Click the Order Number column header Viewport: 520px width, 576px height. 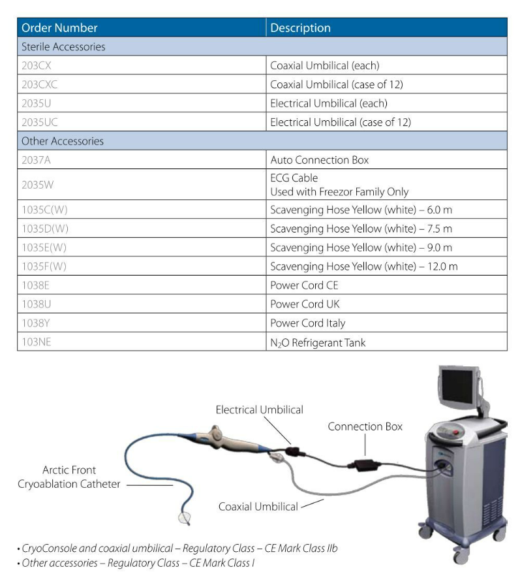coord(59,28)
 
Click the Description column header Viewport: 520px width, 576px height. coord(300,28)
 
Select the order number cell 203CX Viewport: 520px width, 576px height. coord(37,65)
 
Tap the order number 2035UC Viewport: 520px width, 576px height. coord(40,122)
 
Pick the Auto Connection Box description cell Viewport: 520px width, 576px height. coord(319,160)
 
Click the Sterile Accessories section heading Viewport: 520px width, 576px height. coord(63,46)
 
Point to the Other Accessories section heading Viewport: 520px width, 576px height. coord(63,141)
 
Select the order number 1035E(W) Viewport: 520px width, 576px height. coord(44,248)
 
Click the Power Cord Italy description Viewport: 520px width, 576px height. coord(307,323)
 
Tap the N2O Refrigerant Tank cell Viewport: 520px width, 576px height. coord(318,342)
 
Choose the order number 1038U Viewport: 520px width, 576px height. coord(37,304)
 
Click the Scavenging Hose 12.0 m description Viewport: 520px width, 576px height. coord(363,266)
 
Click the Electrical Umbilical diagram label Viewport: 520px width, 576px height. coord(260,409)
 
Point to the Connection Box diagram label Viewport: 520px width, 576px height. coord(365,426)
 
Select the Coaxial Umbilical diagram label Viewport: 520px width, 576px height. coord(258,507)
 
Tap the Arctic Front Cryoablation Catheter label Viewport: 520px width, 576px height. coord(69,477)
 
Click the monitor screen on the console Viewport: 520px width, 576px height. coord(457,386)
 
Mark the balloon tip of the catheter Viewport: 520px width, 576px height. coord(185,518)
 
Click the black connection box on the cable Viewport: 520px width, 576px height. coord(365,466)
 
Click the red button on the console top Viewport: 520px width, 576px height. coord(456,432)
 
